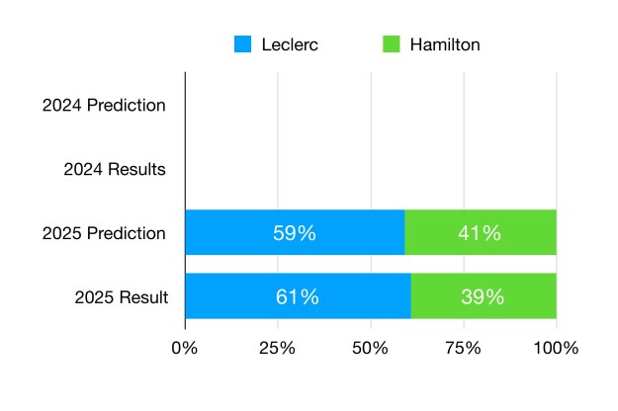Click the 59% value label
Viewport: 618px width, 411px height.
[x=294, y=234]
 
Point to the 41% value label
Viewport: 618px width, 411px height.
[x=480, y=234]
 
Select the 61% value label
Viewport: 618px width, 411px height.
[x=297, y=296]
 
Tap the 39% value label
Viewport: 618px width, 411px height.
[x=483, y=296]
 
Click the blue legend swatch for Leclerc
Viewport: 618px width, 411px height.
[x=242, y=44]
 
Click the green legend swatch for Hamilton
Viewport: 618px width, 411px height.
[x=392, y=44]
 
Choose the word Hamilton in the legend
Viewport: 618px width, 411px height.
[x=445, y=44]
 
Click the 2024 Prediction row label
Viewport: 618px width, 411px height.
[x=104, y=105]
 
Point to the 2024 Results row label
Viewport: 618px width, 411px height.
[x=114, y=169]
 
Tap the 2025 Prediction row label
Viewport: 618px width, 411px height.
[x=104, y=234]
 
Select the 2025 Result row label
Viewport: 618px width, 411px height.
[x=121, y=296]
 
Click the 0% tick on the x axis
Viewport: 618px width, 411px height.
[x=185, y=348]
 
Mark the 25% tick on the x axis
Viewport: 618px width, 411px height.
[x=278, y=348]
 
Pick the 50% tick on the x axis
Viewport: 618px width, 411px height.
[x=370, y=348]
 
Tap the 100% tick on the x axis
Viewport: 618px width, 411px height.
[x=556, y=348]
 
